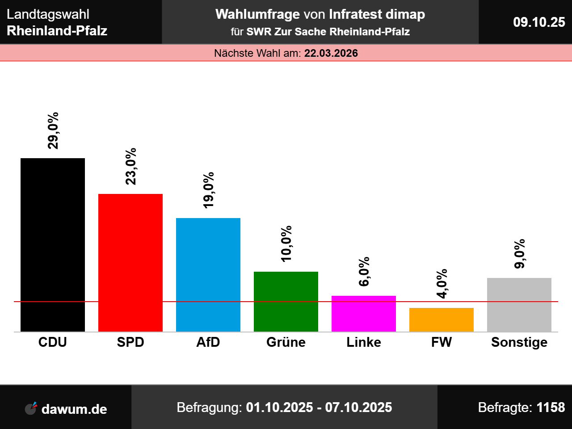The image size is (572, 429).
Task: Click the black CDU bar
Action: click(53, 245)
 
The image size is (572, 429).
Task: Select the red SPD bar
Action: click(130, 263)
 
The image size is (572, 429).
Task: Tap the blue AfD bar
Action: click(208, 275)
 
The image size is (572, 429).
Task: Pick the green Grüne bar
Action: click(286, 302)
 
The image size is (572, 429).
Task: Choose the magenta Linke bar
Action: click(364, 314)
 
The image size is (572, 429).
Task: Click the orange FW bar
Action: click(442, 320)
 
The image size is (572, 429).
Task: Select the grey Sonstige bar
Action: click(519, 305)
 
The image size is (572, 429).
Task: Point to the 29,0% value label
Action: click(53, 130)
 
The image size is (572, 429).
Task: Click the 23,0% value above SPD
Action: click(131, 166)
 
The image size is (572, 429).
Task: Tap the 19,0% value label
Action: click(209, 190)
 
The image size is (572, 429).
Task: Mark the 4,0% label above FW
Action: click(442, 283)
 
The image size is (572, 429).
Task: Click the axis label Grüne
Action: click(286, 342)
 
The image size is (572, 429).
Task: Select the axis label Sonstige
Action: click(519, 342)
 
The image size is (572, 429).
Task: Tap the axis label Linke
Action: click(364, 342)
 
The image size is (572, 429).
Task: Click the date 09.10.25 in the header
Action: click(539, 22)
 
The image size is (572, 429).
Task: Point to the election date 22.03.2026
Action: click(331, 53)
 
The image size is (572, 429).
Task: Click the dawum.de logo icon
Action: click(31, 408)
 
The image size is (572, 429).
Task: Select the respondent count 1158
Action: click(551, 408)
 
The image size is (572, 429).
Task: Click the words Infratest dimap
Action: click(377, 14)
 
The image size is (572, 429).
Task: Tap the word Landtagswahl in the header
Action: click(48, 14)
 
